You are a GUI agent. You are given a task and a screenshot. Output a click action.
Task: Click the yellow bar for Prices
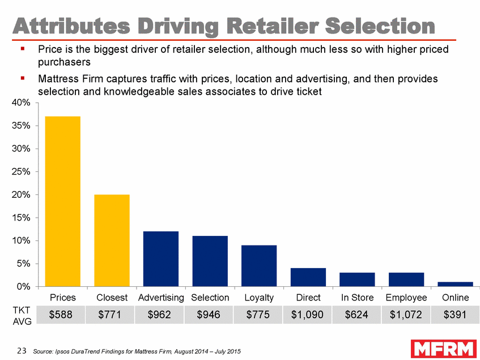pos(62,201)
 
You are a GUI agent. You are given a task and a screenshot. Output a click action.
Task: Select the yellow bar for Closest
pos(112,240)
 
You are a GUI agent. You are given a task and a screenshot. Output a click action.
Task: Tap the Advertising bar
pos(161,259)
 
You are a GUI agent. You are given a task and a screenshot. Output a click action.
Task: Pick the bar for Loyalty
pos(259,265)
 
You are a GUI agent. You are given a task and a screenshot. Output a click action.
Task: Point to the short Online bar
pos(455,284)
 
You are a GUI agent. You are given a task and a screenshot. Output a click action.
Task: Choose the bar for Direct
pos(308,277)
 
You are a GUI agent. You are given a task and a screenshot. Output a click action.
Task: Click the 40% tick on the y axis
pos(23,103)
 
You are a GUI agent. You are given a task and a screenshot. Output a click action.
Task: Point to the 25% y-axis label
pos(23,172)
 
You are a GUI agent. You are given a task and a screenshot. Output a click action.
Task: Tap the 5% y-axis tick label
pos(26,264)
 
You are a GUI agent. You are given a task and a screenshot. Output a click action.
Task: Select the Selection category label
pos(210,298)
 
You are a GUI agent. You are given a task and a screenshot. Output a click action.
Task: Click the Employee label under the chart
pos(406,298)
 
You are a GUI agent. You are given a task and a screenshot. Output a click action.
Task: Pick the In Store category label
pos(357,298)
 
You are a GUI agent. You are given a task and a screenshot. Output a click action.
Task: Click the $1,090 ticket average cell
pos(308,315)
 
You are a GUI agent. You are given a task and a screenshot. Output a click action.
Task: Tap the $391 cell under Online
pos(455,315)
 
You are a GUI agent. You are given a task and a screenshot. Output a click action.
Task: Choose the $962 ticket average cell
pos(161,315)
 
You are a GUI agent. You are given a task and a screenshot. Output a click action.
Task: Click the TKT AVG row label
pos(19,316)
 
